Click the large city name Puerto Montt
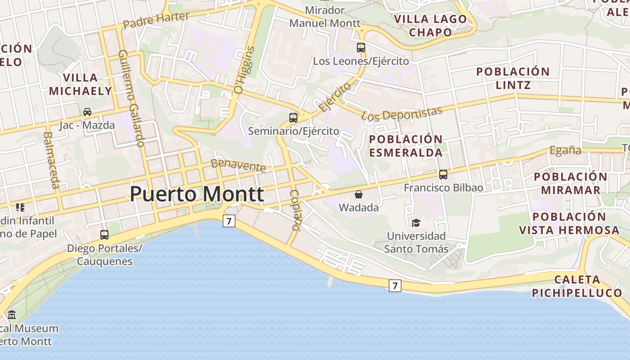tap(197, 194)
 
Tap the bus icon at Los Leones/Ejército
tap(360, 48)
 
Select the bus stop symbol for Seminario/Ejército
tap(293, 118)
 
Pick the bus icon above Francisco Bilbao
tap(443, 175)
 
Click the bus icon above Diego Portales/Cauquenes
tap(104, 234)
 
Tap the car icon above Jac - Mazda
tap(87, 112)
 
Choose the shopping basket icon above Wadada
tap(359, 194)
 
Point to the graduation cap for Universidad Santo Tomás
tap(416, 223)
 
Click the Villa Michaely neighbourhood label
tap(80, 84)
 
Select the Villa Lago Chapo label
tap(431, 26)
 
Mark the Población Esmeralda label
tap(406, 146)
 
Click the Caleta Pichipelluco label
tap(577, 286)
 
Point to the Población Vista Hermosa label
tap(569, 223)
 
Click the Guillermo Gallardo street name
tap(131, 98)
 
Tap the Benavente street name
tap(238, 165)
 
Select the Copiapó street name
tap(295, 210)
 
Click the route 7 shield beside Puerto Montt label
tap(229, 221)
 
